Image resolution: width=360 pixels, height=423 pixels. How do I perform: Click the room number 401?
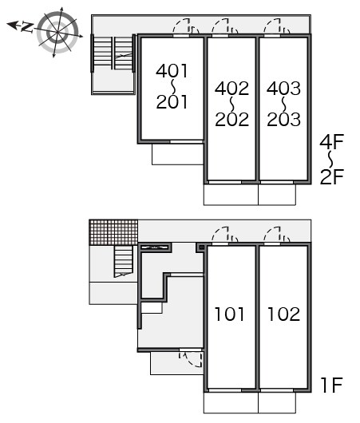172,71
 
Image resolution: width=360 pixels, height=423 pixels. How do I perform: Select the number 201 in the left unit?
172,101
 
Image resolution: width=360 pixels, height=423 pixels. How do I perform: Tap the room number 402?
231,89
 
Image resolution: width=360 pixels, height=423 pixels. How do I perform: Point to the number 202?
231,119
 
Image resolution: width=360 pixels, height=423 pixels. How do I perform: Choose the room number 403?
283,89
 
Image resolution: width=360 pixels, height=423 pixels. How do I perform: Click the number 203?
284,119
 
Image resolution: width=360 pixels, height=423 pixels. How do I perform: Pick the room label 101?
229,314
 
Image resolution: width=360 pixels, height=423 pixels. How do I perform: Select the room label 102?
283,314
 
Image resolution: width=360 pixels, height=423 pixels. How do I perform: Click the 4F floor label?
332,141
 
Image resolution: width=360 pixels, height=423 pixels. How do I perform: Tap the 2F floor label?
332,176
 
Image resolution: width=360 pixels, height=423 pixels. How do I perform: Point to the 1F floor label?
332,385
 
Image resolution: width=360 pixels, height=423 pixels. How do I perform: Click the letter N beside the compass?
27,27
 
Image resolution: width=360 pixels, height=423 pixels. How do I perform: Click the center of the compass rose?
57,33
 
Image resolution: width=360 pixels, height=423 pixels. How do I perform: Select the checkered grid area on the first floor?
113,232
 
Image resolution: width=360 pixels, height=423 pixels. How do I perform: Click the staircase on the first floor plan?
124,261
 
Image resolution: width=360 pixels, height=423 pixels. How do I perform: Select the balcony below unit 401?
177,154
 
